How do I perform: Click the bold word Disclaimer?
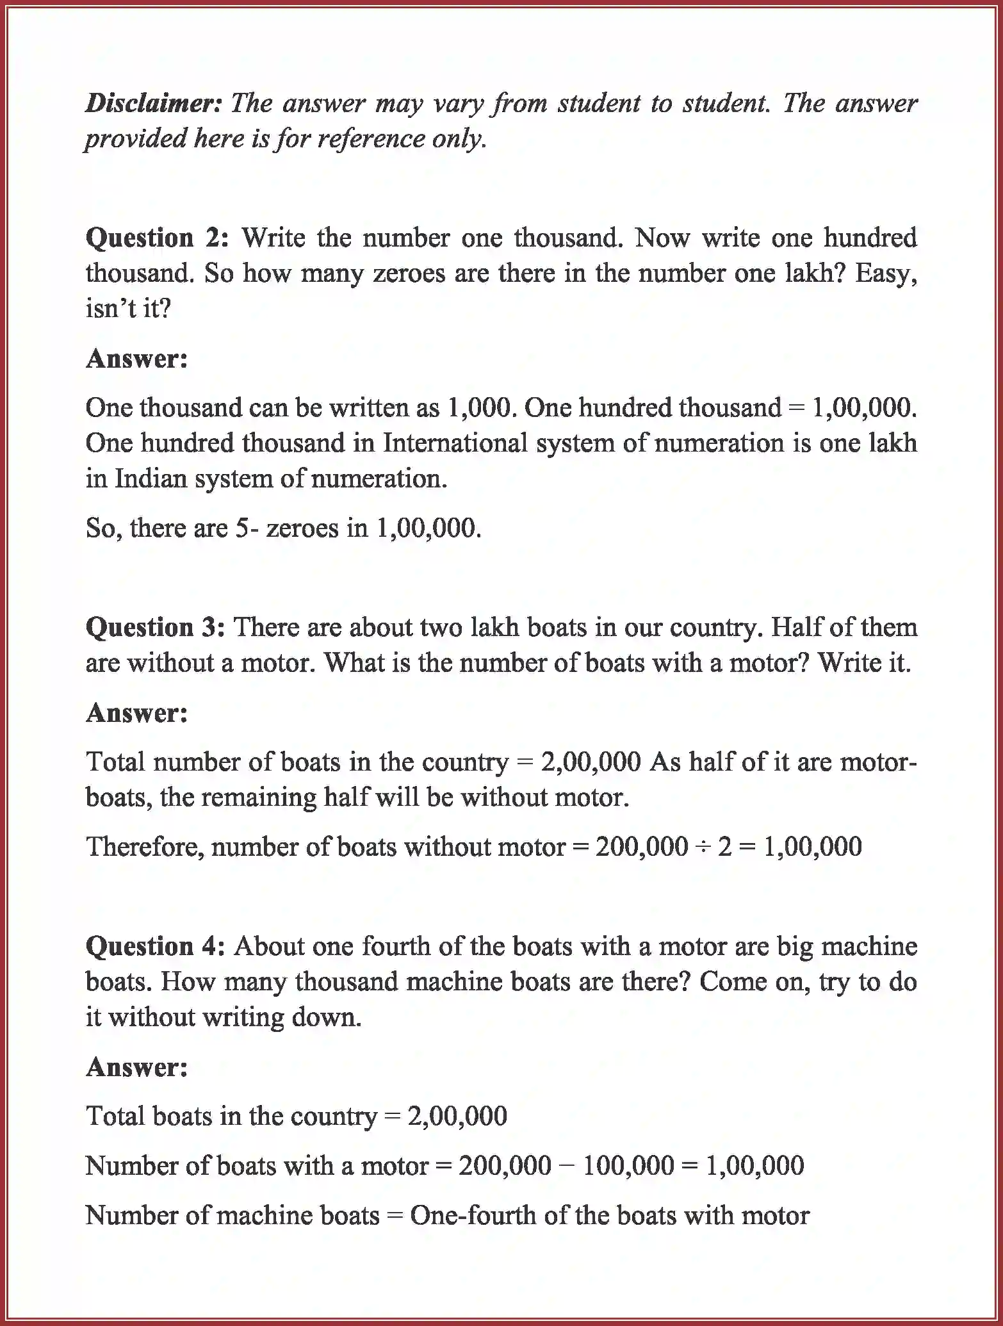point(153,103)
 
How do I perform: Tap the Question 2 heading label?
point(157,238)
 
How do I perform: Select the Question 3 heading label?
point(155,627)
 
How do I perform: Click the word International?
point(455,443)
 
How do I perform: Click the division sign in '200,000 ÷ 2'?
point(703,847)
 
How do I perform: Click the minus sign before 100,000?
point(567,1166)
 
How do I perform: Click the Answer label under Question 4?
point(136,1067)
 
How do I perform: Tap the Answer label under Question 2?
point(136,359)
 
